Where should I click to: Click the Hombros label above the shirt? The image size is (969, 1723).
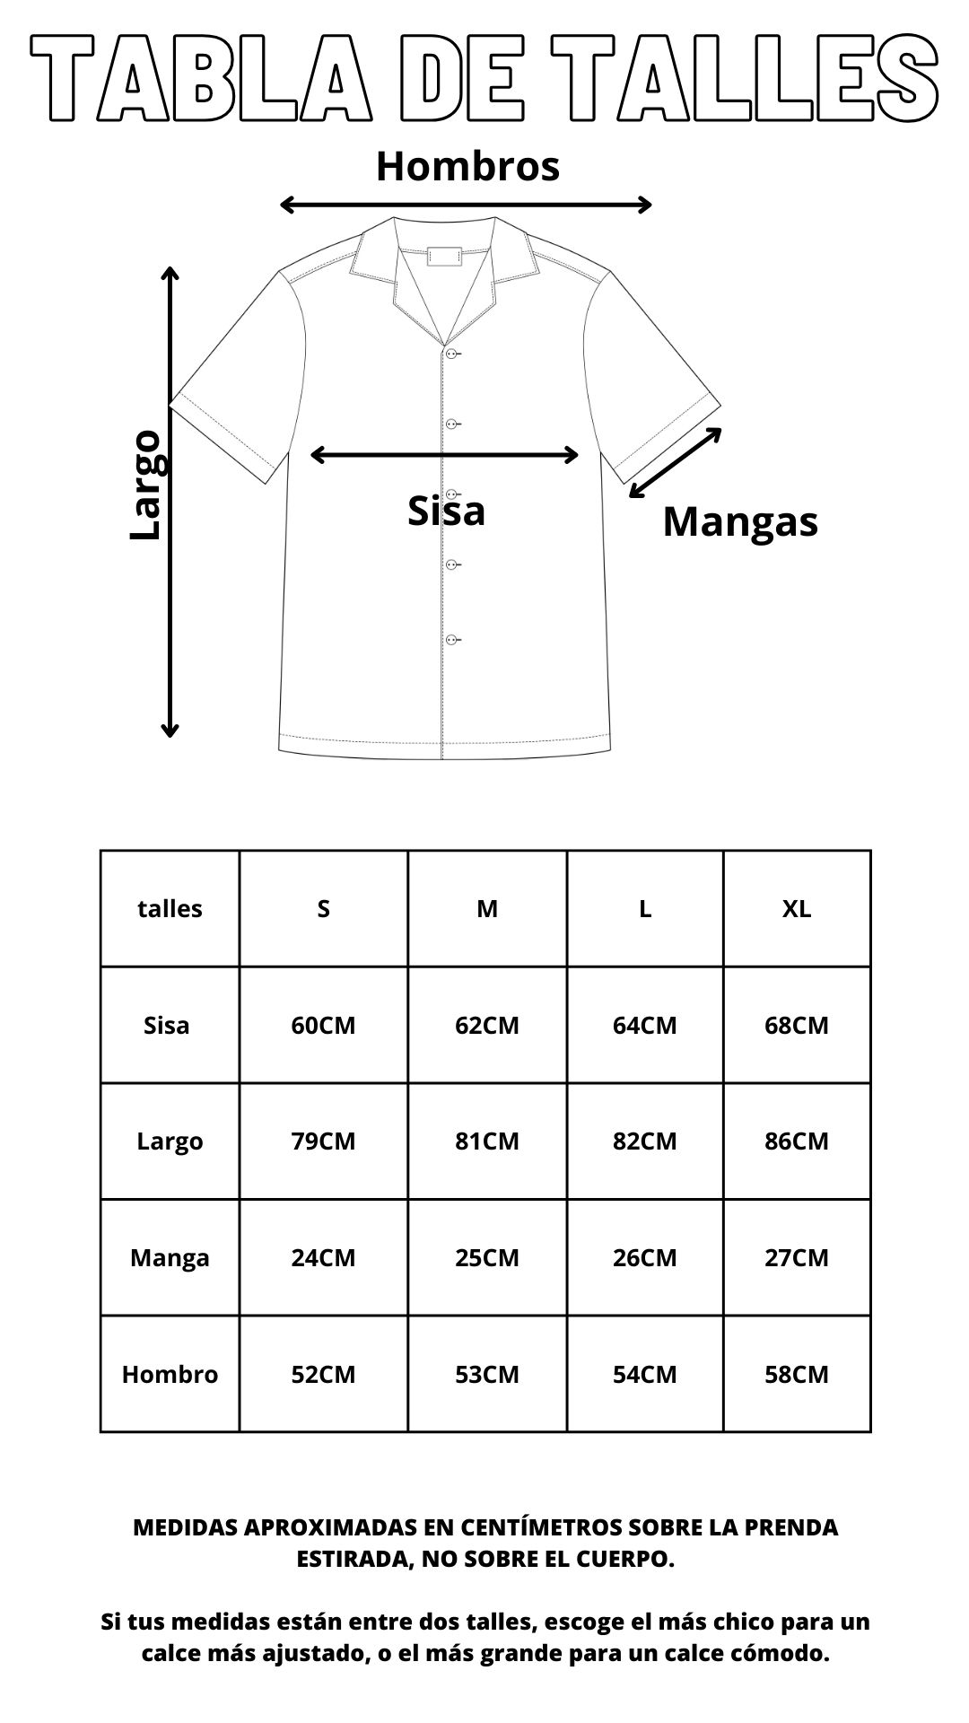point(467,167)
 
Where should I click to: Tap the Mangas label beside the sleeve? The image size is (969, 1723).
point(740,521)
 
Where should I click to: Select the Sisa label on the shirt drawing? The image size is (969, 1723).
point(446,512)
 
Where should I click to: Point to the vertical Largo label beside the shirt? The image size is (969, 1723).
point(145,485)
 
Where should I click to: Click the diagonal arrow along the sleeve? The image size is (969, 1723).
point(676,462)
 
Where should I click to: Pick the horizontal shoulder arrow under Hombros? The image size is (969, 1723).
point(466,205)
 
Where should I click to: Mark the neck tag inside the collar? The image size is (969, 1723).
point(444,256)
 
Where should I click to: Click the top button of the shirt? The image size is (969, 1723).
point(451,354)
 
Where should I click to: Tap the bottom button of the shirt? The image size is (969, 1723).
point(451,640)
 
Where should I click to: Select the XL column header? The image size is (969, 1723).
point(796,909)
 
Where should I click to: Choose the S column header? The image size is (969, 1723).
point(323,909)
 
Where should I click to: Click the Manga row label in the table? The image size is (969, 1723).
point(170,1257)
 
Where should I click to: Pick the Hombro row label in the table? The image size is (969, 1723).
point(170,1374)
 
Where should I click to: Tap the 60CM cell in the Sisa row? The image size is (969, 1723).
point(323,1025)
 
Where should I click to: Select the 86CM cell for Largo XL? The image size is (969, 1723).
point(796,1141)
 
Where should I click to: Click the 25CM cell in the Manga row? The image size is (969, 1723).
point(486,1257)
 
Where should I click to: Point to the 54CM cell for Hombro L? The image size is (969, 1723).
point(644,1374)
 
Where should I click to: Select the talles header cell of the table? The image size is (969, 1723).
point(170,909)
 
